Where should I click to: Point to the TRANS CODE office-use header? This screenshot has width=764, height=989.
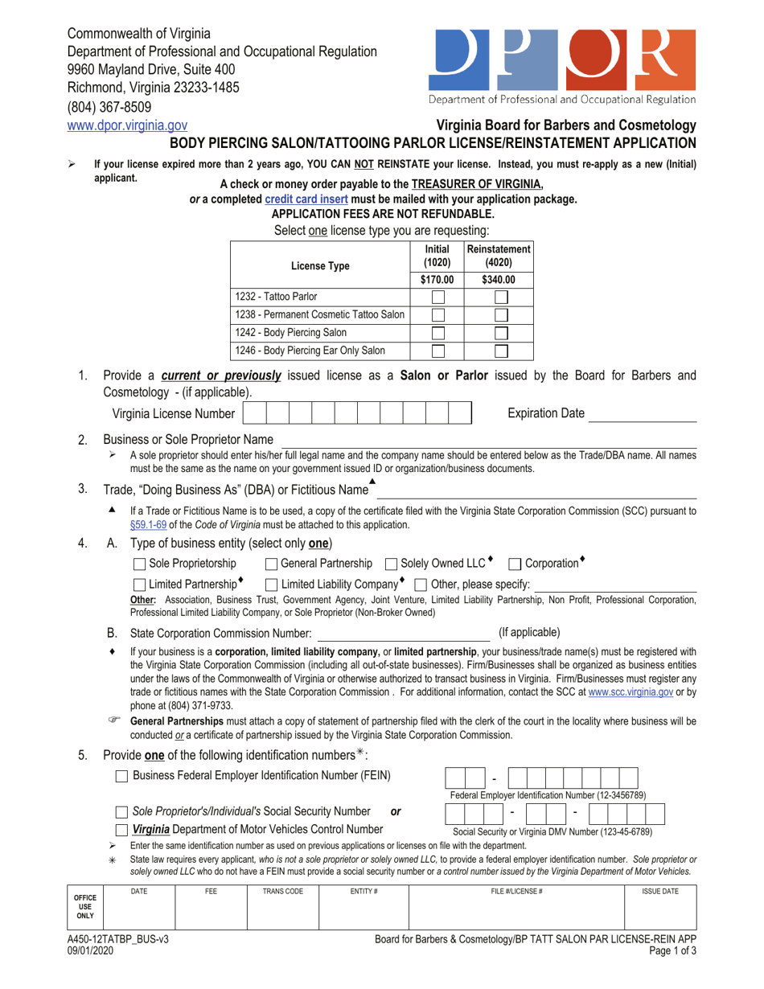coord(281,892)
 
